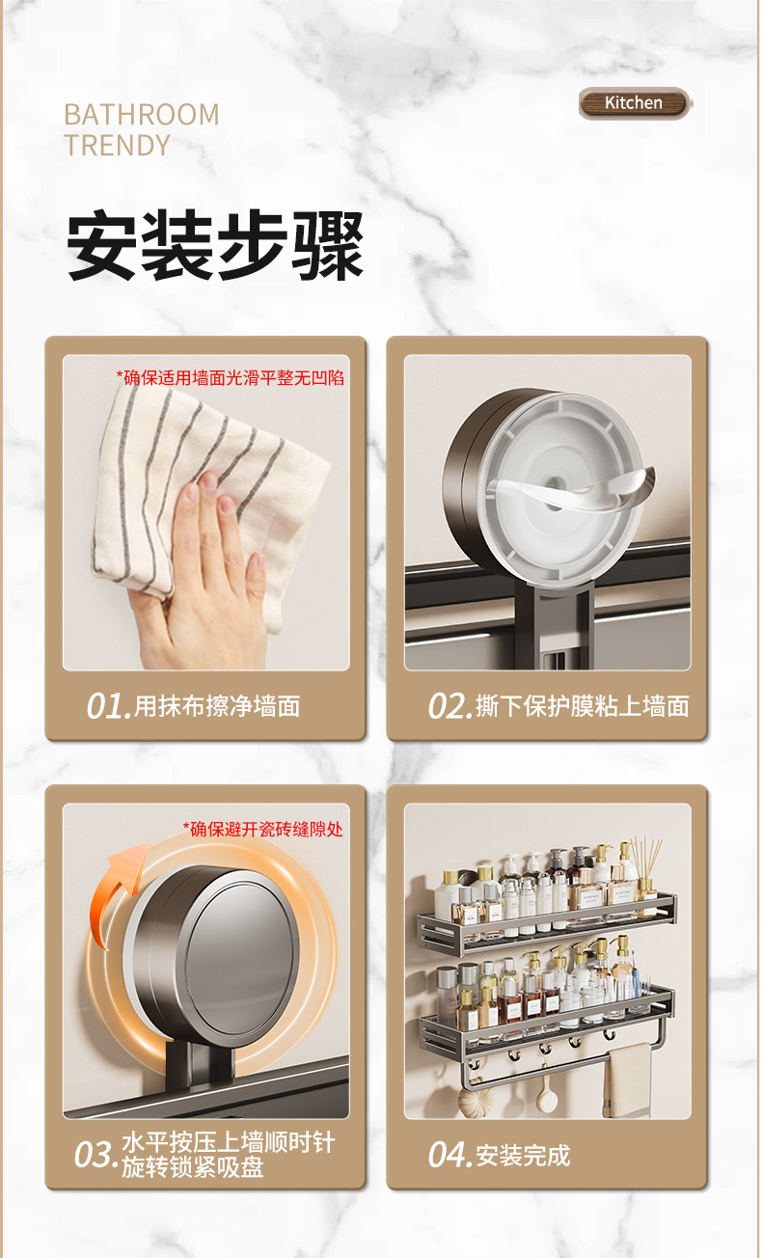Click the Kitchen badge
(634, 103)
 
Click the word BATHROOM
(142, 115)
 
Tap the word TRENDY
(117, 146)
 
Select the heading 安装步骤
(214, 247)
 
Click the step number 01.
(107, 706)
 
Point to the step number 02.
(449, 706)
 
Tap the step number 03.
(95, 1155)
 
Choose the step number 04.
(449, 1155)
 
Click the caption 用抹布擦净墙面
(217, 706)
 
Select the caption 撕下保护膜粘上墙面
(583, 706)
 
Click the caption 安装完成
(523, 1155)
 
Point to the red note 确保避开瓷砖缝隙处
(262, 829)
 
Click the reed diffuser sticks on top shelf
(644, 858)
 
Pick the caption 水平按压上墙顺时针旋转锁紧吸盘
(228, 1155)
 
